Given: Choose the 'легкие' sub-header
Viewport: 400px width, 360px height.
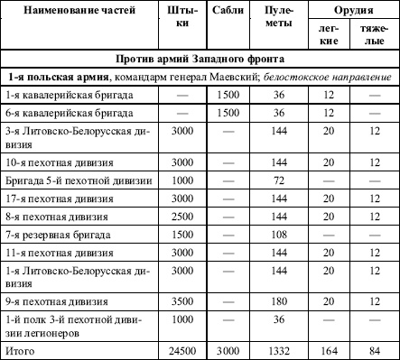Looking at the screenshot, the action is pos(330,36).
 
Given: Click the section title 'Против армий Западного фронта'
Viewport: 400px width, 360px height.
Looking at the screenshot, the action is pos(200,59).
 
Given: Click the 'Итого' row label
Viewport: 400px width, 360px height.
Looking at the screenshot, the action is pos(20,349).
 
